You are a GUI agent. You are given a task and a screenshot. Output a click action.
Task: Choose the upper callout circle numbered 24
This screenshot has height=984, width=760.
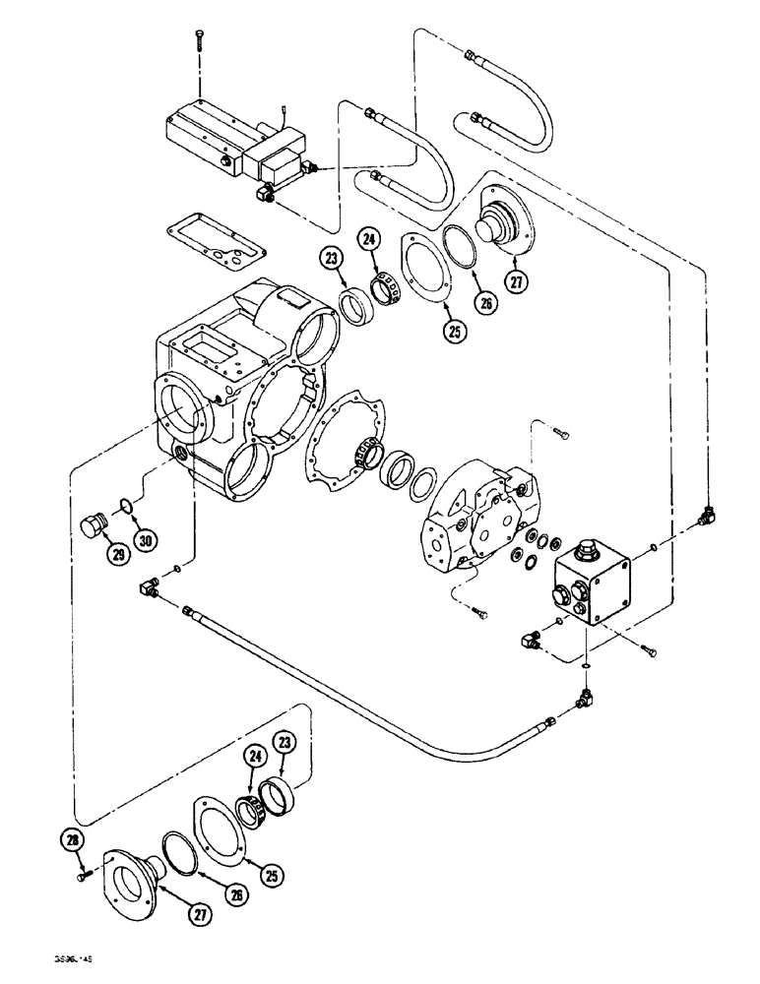pyautogui.click(x=369, y=237)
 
